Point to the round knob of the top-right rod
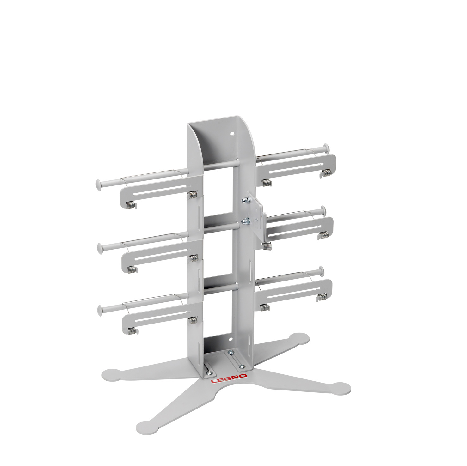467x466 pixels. [x=326, y=148]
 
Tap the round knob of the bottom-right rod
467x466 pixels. [x=322, y=271]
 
